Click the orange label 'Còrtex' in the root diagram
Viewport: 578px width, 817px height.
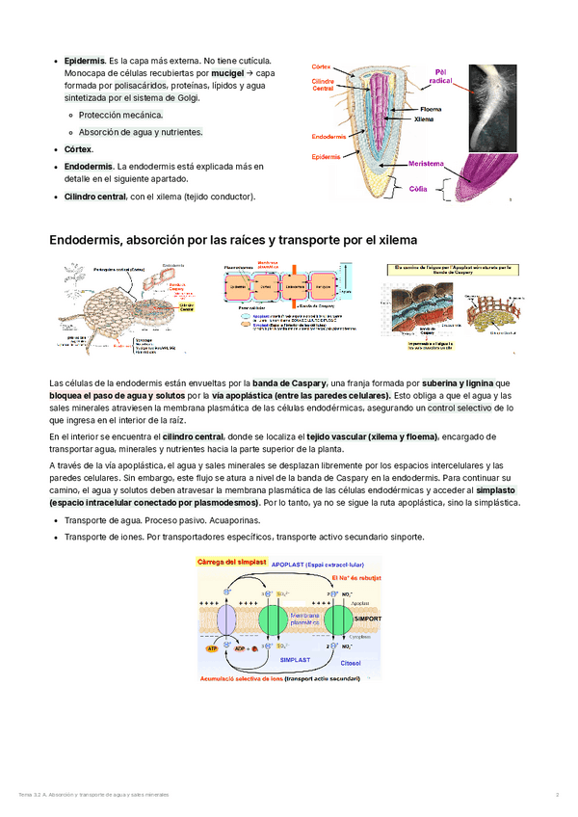(321, 66)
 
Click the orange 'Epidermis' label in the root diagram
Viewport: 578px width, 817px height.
(326, 156)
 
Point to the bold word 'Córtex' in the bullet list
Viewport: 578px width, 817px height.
(78, 149)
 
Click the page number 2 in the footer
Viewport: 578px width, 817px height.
(557, 794)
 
